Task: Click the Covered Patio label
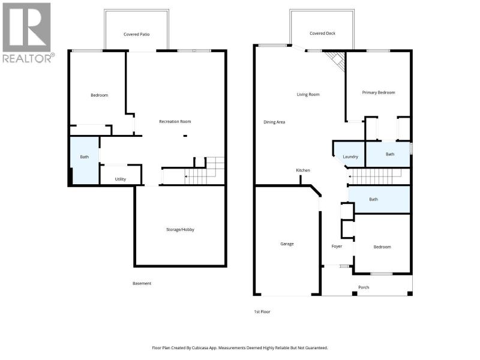137,34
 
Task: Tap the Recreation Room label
175,122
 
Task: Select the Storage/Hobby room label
181,230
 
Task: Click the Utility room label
121,179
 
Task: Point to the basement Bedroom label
100,95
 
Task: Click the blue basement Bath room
85,160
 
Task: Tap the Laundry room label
350,157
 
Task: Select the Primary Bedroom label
379,92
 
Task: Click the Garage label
287,244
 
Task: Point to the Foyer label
337,246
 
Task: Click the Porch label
364,287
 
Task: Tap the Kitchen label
303,170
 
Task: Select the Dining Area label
274,122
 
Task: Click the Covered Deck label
323,33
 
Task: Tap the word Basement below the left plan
142,283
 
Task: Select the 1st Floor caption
262,311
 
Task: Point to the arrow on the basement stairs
185,176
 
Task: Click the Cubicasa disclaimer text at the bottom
240,348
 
